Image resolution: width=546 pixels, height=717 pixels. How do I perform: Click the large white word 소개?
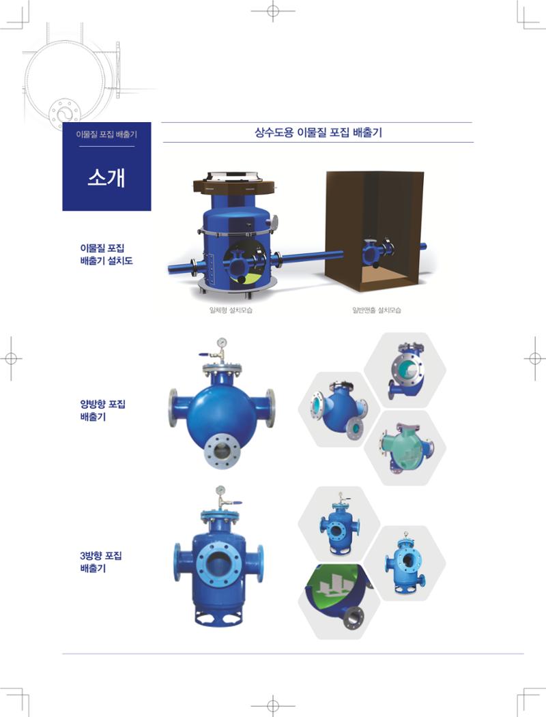click(106, 177)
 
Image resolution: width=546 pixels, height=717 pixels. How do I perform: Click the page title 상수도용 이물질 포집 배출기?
click(318, 132)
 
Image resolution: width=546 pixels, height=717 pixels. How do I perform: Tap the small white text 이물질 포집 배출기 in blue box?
click(106, 134)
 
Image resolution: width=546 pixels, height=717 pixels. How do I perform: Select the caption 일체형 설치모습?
click(231, 310)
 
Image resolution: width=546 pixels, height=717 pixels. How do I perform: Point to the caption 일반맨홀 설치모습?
click(376, 310)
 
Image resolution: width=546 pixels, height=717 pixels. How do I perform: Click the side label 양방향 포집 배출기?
click(102, 410)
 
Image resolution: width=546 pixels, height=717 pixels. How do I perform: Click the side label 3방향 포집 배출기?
click(101, 562)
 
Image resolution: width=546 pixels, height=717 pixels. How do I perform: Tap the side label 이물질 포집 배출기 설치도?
click(106, 254)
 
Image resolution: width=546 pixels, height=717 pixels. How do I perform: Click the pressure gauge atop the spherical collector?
click(222, 342)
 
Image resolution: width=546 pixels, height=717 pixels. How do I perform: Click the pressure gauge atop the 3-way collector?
click(221, 491)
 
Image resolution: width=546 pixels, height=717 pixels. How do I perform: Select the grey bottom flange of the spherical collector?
click(222, 452)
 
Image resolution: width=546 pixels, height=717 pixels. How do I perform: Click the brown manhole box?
click(374, 231)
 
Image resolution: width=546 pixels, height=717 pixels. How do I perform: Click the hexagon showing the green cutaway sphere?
click(405, 448)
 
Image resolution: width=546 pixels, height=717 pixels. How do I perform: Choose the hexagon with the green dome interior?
click(339, 601)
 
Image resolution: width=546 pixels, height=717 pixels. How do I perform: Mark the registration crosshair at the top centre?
click(273, 10)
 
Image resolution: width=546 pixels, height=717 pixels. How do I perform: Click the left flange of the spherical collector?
click(173, 408)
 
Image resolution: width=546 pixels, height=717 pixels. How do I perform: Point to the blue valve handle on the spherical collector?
click(204, 354)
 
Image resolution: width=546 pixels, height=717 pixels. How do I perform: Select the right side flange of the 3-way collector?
click(260, 564)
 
